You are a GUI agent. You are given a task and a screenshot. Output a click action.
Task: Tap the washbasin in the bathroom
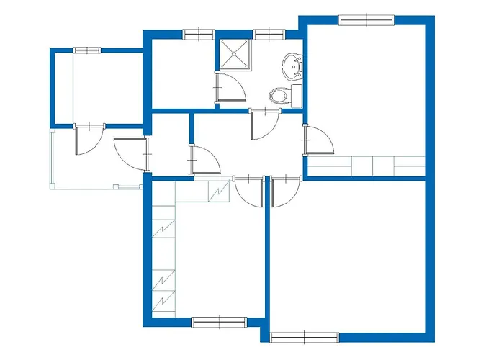coord(292,66)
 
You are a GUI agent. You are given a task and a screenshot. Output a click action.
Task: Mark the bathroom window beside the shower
coord(268,33)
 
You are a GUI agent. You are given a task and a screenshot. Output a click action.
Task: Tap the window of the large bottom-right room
coord(305,336)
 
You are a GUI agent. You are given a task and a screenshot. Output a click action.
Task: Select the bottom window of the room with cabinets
coord(219,322)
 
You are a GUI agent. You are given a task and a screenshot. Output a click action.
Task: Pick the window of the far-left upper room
coord(87,50)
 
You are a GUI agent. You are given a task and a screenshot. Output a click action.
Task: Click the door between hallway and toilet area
coord(264,124)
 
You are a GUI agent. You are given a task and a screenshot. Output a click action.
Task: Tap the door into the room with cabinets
coord(249,190)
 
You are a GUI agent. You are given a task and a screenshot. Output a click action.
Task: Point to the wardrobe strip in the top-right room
coord(366,166)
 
